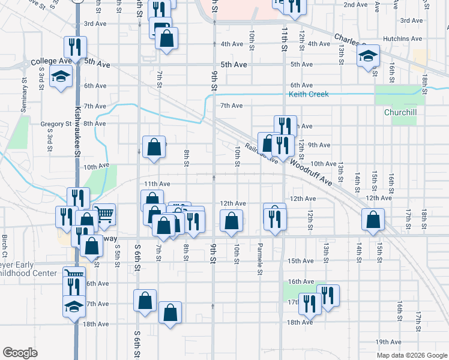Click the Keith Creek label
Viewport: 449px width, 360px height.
coord(309,95)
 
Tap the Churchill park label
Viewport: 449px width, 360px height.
coord(396,112)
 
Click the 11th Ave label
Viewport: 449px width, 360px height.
coord(157,184)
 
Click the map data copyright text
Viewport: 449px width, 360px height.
coord(412,355)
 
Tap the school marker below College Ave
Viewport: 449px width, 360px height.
coord(61,76)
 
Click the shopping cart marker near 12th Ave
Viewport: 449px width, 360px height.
coord(104,214)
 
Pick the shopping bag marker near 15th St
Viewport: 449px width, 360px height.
coord(373,221)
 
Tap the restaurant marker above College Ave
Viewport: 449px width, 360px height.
coord(75,46)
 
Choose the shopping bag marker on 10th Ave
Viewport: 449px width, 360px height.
coord(154,147)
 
